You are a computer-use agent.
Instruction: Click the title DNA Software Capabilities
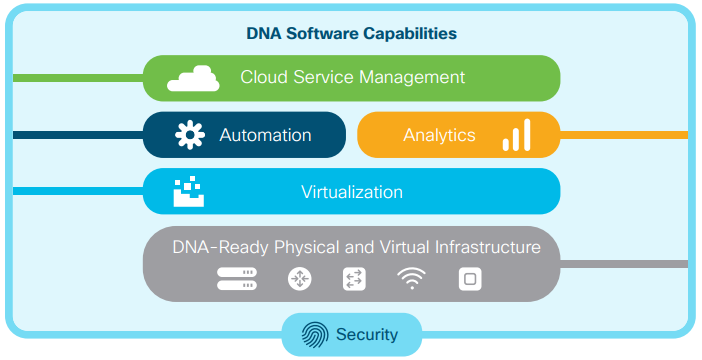click(x=351, y=33)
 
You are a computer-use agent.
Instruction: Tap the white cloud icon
click(x=193, y=78)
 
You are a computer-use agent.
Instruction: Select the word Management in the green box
click(x=413, y=77)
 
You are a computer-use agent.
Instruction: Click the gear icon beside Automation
click(x=190, y=135)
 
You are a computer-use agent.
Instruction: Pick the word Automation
click(x=265, y=135)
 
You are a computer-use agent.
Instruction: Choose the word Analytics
click(x=439, y=135)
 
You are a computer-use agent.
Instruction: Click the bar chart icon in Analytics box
click(x=516, y=135)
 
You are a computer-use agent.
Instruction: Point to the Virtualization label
click(x=351, y=192)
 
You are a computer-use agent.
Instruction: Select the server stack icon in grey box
click(x=237, y=280)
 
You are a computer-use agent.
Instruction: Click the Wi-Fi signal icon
click(x=410, y=280)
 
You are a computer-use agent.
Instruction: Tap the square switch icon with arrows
click(x=354, y=280)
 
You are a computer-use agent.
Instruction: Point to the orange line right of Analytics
click(x=624, y=135)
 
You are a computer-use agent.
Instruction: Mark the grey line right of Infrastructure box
click(x=624, y=264)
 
